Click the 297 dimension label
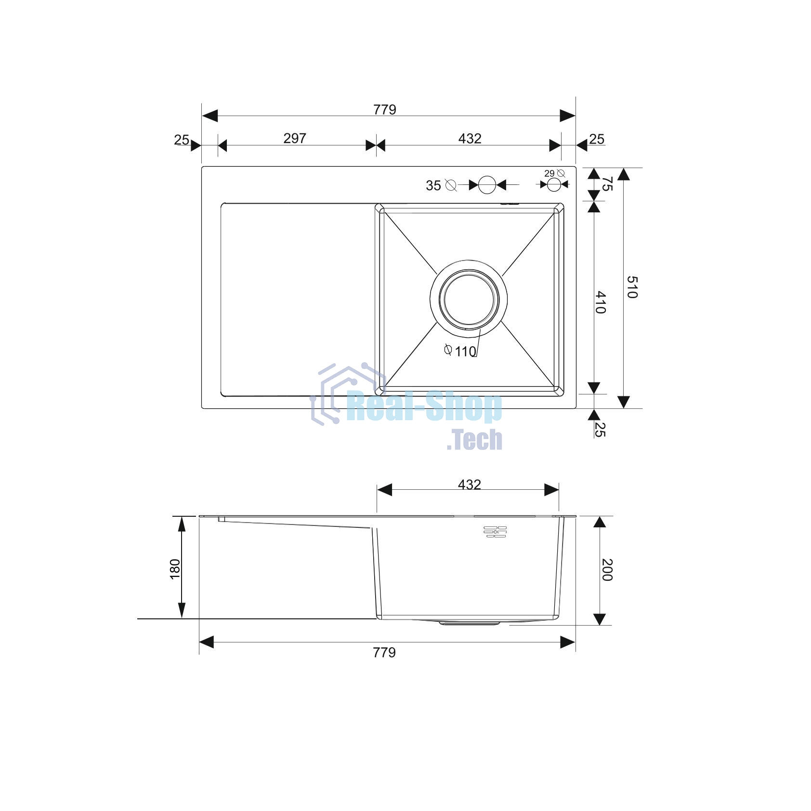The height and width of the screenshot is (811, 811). tap(295, 139)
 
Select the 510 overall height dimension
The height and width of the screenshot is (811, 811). tap(632, 287)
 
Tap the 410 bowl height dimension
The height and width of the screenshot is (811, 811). tap(601, 302)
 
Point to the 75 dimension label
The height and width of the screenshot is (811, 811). tap(607, 184)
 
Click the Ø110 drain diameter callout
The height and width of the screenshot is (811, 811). tap(460, 351)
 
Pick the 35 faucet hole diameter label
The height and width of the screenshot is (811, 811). tap(433, 185)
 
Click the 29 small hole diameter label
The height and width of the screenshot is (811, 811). tap(549, 173)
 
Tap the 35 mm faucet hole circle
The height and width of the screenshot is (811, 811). tap(487, 185)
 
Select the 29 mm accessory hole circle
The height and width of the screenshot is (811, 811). tap(554, 184)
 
